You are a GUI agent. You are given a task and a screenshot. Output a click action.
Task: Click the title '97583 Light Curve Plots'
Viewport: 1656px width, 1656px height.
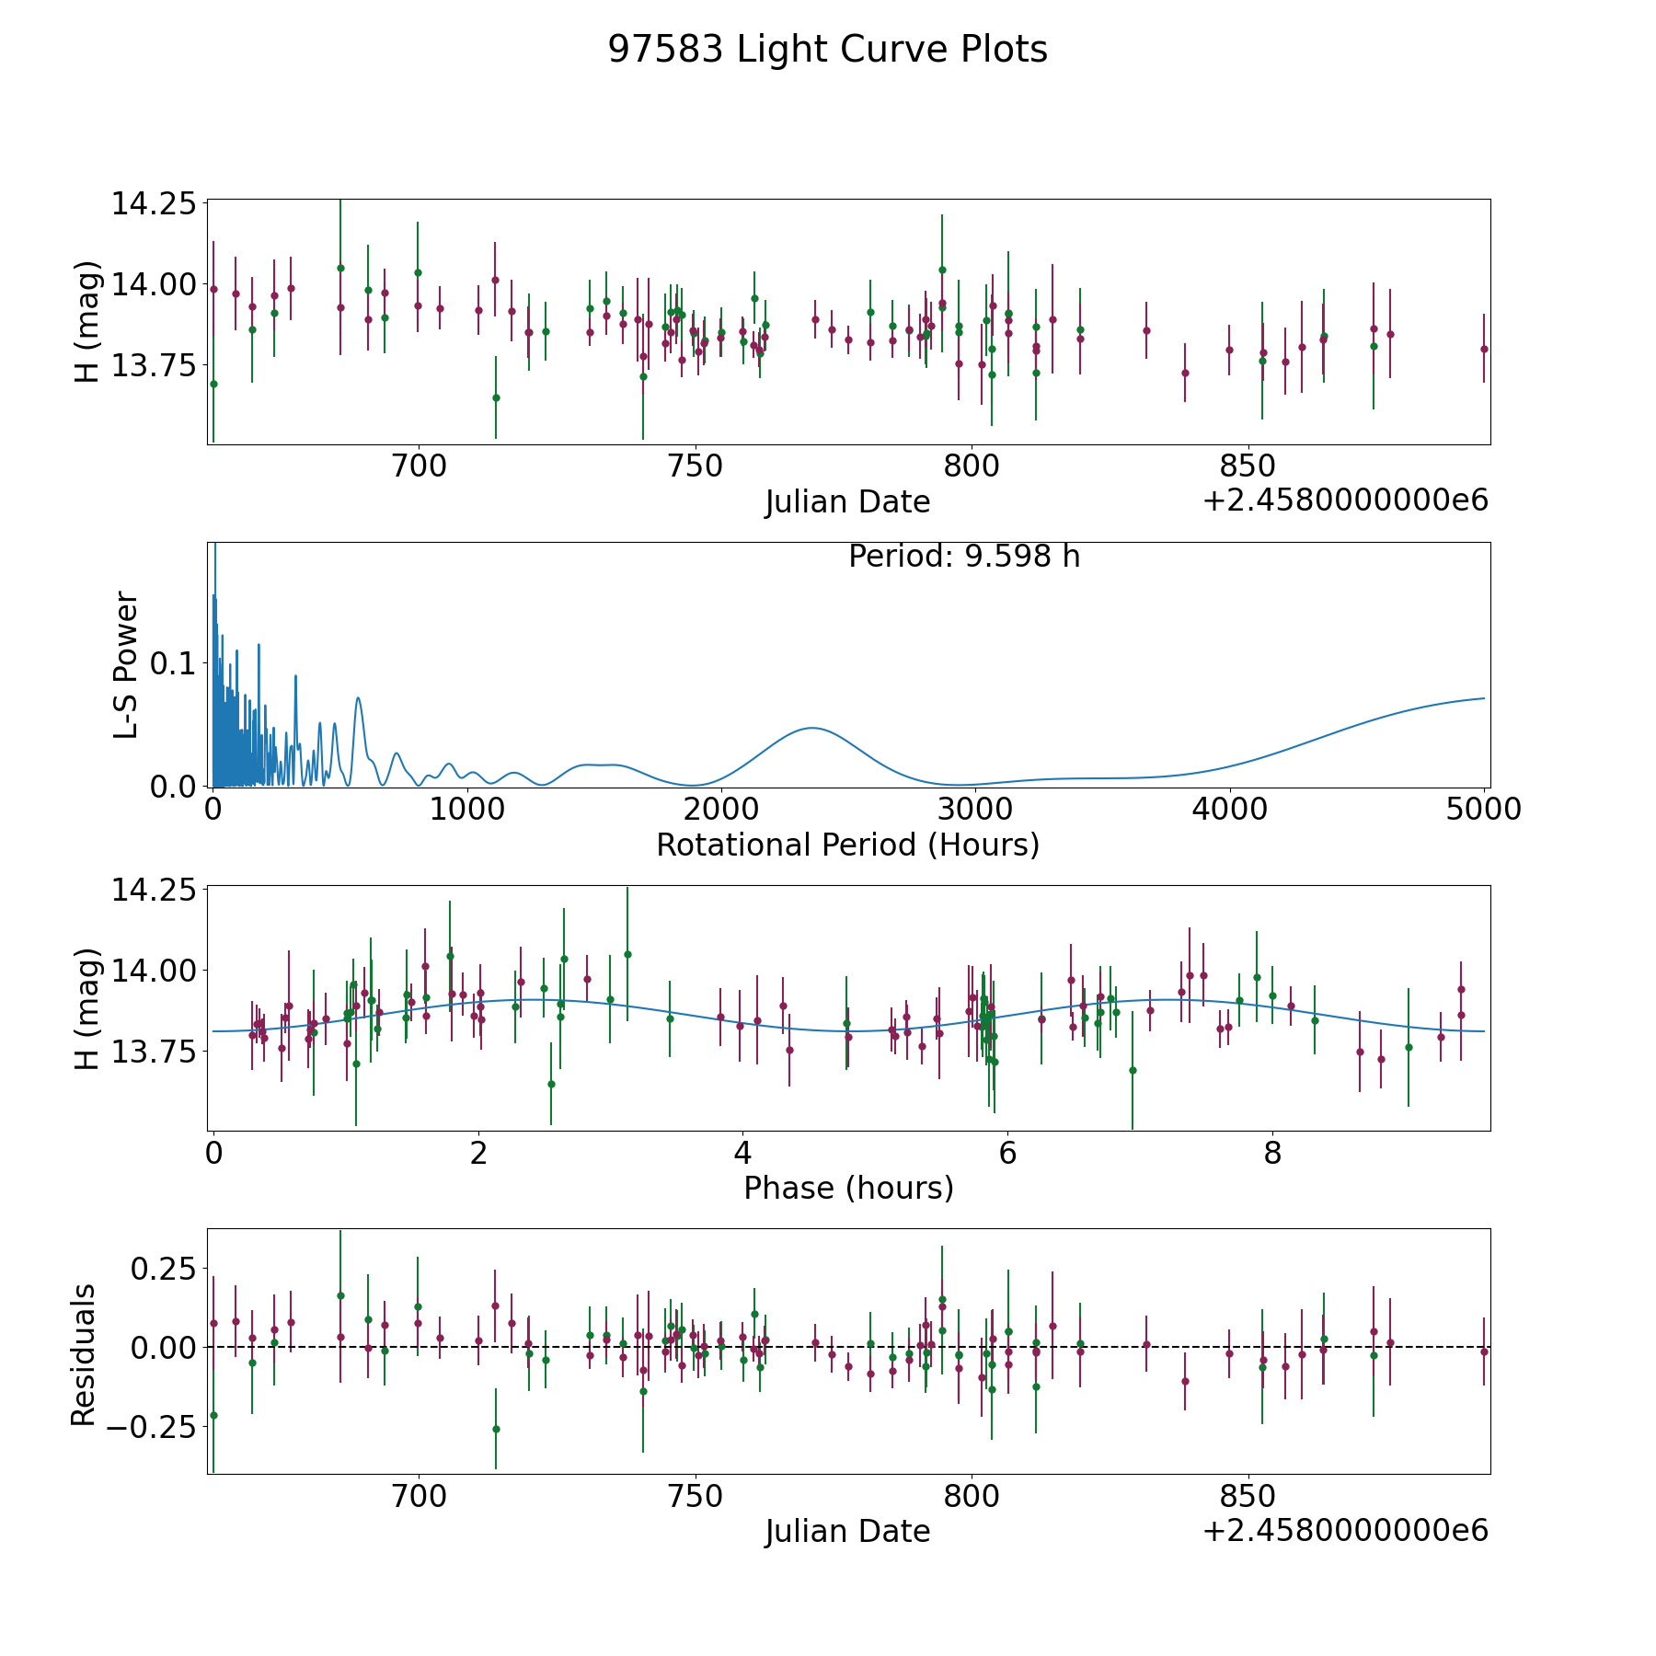(827, 50)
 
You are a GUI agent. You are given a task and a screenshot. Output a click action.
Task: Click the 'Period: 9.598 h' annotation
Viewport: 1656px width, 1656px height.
(964, 556)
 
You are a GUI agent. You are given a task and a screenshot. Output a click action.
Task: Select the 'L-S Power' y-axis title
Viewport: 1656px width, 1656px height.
(126, 664)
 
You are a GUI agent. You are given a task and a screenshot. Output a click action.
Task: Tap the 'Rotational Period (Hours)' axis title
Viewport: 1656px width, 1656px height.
(847, 845)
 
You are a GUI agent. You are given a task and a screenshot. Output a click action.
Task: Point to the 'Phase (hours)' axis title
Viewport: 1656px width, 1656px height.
(848, 1188)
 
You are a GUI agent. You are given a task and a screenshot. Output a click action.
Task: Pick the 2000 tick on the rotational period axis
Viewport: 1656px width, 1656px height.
(721, 809)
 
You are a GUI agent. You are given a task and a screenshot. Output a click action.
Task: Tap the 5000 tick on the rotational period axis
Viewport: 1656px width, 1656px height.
(1484, 809)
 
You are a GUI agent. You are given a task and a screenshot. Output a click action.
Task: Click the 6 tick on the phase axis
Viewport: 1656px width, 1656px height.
(1007, 1153)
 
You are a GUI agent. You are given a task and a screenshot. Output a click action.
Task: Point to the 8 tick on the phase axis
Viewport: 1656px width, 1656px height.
(1272, 1153)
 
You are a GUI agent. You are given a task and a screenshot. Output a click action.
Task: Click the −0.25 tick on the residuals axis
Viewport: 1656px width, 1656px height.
(150, 1427)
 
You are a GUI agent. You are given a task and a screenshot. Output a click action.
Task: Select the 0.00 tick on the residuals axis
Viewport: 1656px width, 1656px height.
(162, 1347)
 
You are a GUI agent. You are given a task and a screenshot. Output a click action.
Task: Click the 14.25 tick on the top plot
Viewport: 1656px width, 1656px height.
(154, 202)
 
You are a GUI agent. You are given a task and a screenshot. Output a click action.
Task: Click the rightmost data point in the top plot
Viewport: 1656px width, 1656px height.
(1484, 349)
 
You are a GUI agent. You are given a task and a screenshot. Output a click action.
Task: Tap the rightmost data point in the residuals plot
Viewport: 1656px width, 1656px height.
(1484, 1351)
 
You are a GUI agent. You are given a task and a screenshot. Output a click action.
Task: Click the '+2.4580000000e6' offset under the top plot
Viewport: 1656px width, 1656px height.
(1345, 500)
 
